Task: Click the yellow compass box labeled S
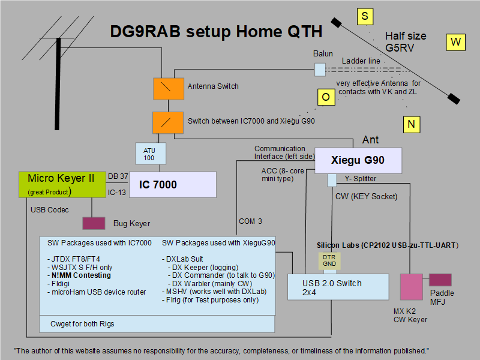(x=365, y=16)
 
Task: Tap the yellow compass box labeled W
(x=455, y=41)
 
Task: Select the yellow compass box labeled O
(x=325, y=97)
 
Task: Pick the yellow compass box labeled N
(x=411, y=124)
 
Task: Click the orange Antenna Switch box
(x=164, y=88)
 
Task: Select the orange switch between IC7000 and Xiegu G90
(x=164, y=122)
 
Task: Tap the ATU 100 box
(x=149, y=154)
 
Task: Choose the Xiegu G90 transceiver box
(x=358, y=160)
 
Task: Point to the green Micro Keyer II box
(x=62, y=184)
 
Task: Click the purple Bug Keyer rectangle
(x=92, y=223)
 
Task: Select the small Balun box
(x=320, y=70)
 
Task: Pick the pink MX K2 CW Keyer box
(x=412, y=287)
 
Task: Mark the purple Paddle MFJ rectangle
(x=440, y=280)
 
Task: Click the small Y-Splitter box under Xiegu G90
(x=332, y=179)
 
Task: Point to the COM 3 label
(x=250, y=221)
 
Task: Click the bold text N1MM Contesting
(x=80, y=275)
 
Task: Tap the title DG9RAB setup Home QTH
(x=216, y=32)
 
